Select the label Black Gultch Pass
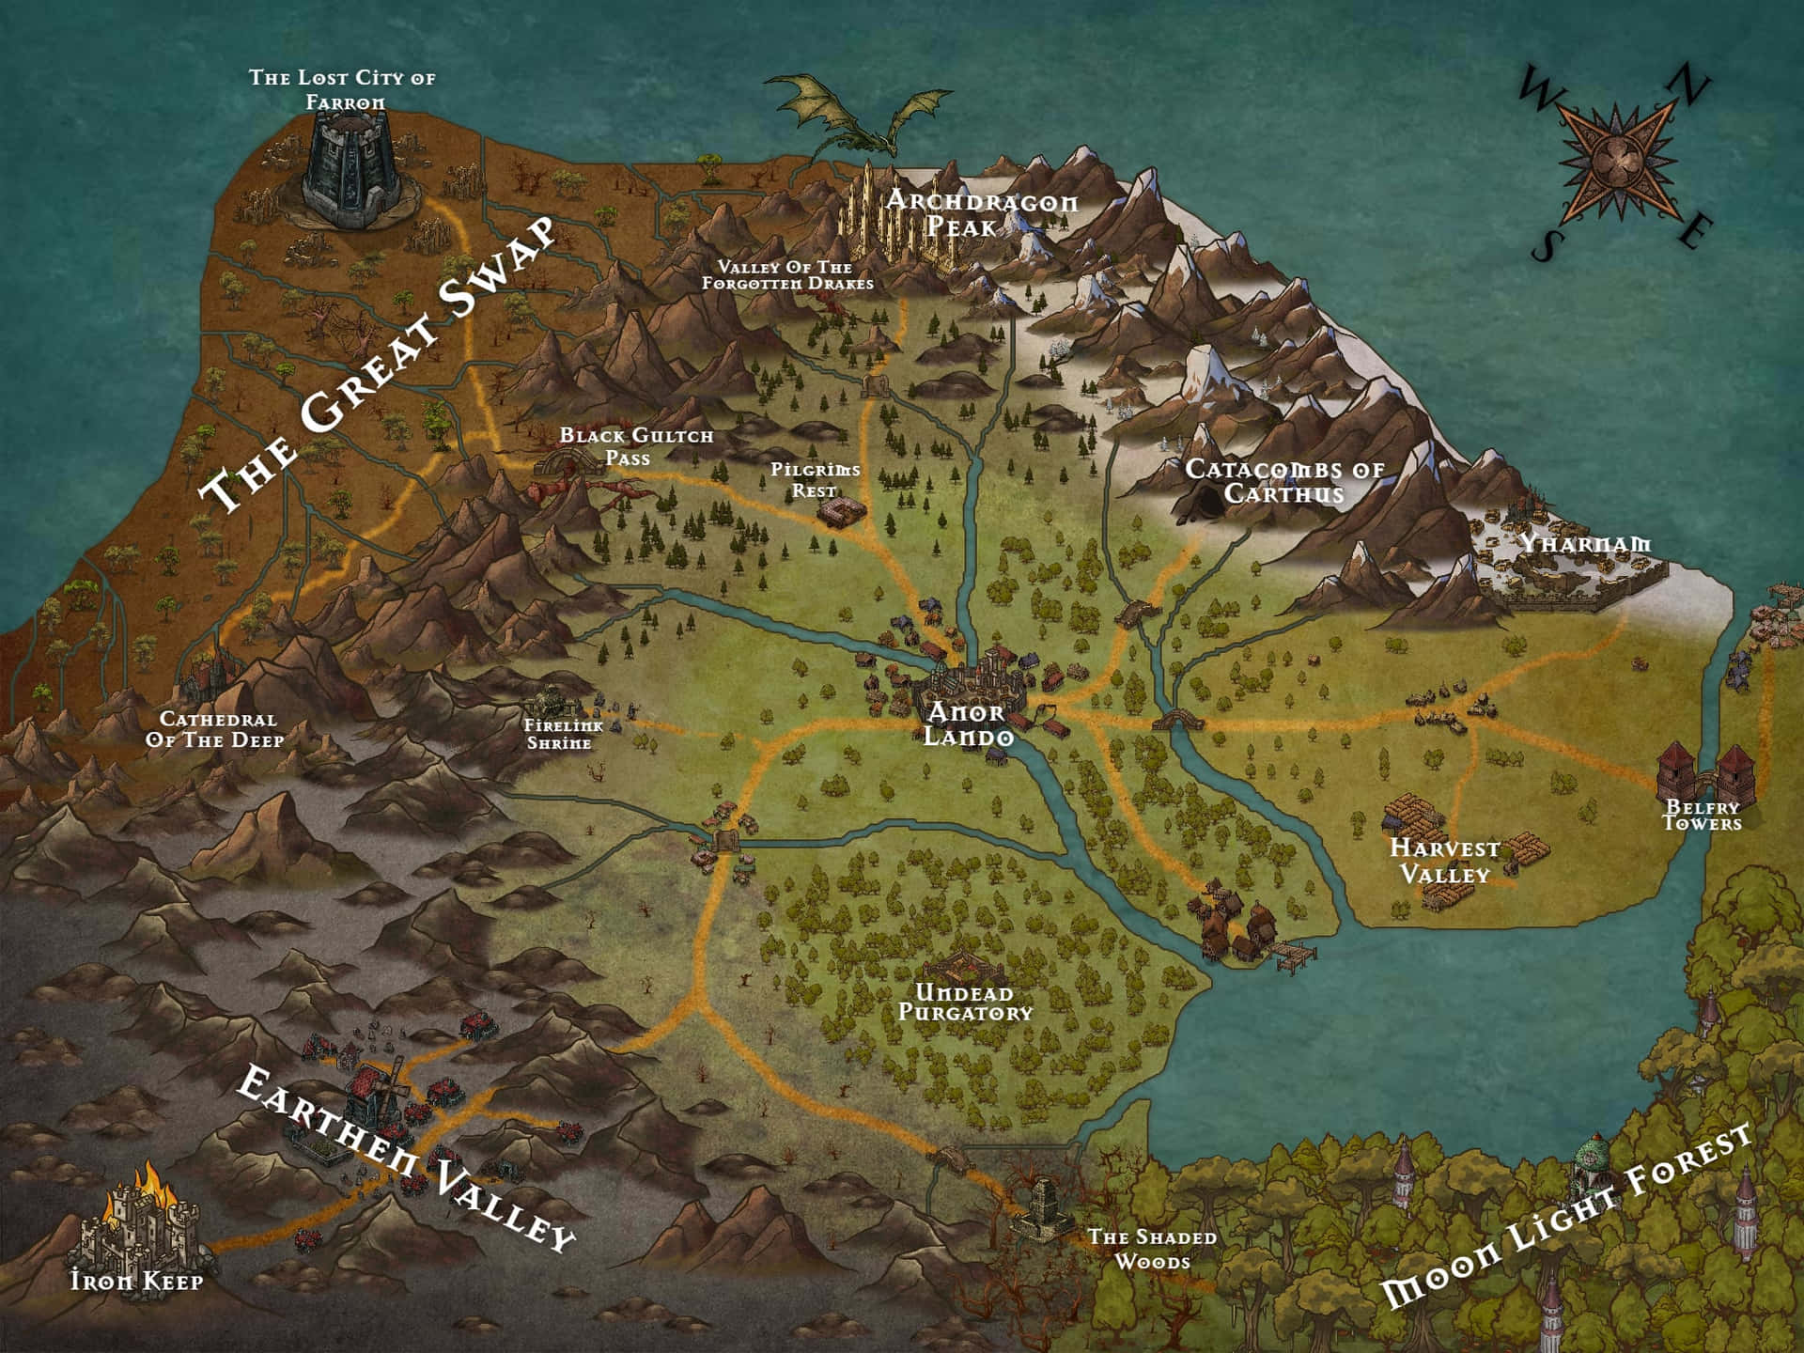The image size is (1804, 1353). click(636, 446)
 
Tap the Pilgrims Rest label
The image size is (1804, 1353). click(815, 479)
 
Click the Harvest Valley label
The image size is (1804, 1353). click(1444, 861)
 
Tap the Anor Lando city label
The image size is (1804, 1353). click(968, 724)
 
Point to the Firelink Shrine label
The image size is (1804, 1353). click(558, 734)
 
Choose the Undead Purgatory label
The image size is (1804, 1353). click(965, 1003)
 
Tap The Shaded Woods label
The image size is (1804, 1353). click(1152, 1249)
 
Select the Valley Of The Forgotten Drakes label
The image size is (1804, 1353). click(787, 275)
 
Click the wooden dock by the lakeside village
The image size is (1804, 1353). click(1292, 957)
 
